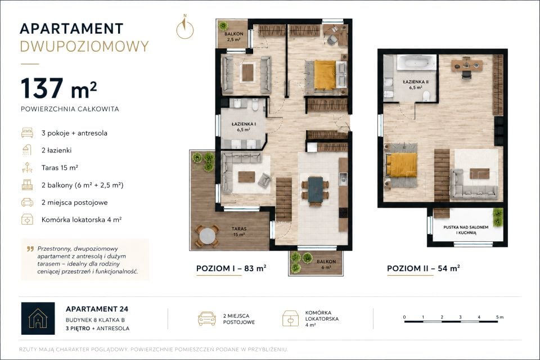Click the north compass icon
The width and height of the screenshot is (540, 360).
pos(185,28)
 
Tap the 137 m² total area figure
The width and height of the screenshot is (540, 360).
pos(58,88)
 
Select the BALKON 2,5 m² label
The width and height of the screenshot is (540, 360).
pos(234,37)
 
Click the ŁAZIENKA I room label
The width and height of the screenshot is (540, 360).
pos(244,127)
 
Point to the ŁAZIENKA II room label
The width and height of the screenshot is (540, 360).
pos(416,85)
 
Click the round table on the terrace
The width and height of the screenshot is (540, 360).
pos(208,236)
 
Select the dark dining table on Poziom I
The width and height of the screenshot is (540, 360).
pos(315,190)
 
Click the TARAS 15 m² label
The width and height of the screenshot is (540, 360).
pos(239,232)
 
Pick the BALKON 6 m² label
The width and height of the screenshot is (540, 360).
pos(326,264)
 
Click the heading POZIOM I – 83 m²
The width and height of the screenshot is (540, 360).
pos(231,268)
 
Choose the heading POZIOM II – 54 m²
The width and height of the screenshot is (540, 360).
pos(424,268)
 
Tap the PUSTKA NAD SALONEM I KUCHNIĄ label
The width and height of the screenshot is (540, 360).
pos(466,230)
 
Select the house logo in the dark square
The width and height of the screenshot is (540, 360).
pos(38,318)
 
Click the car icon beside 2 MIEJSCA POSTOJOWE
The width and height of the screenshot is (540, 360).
pos(207,319)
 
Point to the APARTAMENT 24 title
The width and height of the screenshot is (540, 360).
pos(97,309)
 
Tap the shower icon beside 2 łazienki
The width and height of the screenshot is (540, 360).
pos(27,150)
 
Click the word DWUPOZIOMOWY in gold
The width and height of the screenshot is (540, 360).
pos(84,46)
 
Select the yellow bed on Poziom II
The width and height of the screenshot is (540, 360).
pos(401,165)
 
